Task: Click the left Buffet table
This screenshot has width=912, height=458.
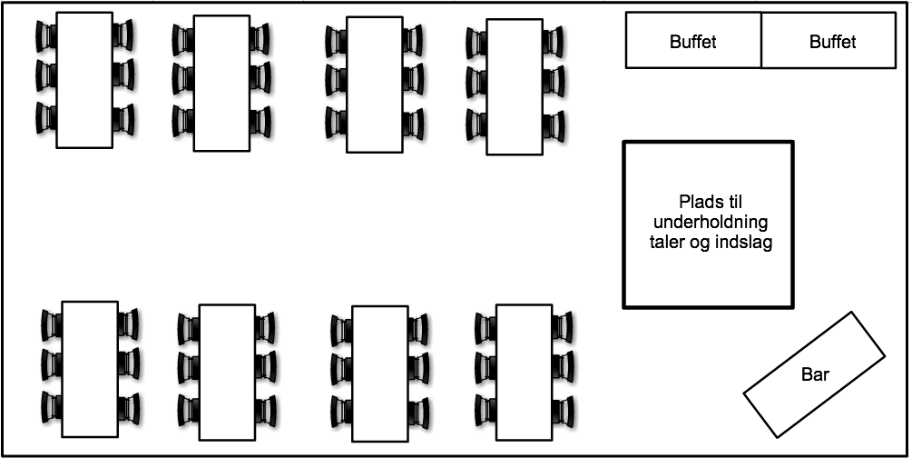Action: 693,41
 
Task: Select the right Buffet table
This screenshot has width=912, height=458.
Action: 832,41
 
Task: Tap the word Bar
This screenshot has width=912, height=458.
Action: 815,374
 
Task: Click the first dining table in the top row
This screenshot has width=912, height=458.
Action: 84,80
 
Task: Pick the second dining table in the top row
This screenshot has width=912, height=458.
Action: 221,84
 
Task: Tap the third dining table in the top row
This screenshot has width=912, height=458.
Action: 375,85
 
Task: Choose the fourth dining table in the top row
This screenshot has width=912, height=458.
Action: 515,86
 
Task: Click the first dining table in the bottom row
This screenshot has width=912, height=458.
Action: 90,369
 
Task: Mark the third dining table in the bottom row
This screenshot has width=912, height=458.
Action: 379,373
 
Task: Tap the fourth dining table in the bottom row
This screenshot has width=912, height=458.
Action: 524,373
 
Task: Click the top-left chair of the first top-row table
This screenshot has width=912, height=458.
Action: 45,35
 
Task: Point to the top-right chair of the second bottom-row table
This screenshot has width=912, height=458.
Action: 265,328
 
